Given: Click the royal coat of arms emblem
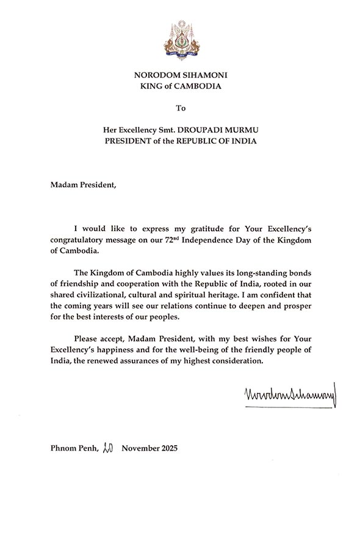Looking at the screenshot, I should click(180, 38).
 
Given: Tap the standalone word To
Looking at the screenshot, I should click(180, 109).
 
